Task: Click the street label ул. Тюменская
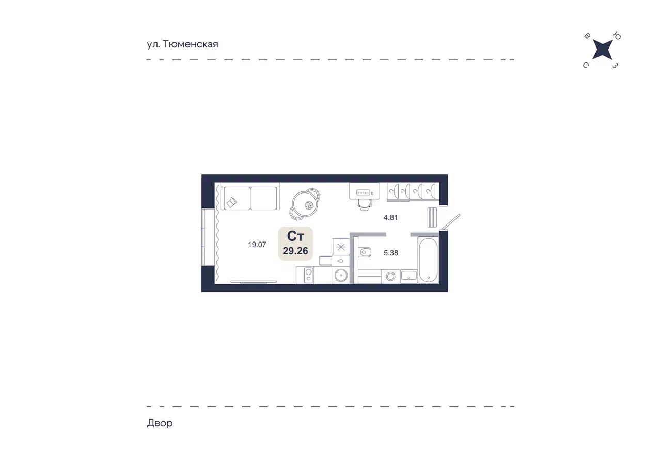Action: point(182,44)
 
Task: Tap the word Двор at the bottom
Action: point(160,423)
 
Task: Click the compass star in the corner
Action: point(602,50)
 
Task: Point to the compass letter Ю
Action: point(617,36)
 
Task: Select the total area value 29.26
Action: point(295,251)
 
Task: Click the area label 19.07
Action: point(257,245)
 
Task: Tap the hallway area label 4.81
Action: point(390,217)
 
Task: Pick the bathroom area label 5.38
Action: point(391,253)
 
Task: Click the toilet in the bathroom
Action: point(365,252)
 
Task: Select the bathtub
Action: point(428,260)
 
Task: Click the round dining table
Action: point(305,204)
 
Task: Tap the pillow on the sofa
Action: point(232,202)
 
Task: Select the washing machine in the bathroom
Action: point(390,277)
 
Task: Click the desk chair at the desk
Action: point(365,204)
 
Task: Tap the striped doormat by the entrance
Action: point(432,217)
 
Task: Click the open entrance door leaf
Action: point(450,222)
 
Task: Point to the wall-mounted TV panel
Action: point(254,282)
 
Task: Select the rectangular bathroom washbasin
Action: point(408,276)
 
